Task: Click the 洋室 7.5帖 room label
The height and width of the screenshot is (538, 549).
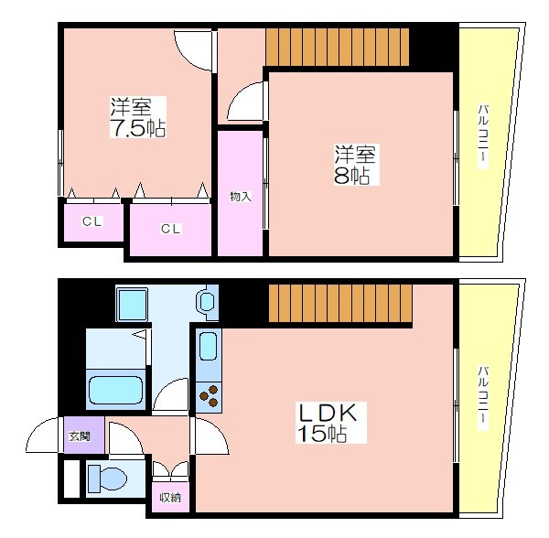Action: [138, 117]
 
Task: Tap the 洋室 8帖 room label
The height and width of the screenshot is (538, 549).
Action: [355, 165]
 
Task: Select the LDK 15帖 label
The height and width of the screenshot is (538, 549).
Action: [327, 423]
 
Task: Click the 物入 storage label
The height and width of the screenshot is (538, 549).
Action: [241, 197]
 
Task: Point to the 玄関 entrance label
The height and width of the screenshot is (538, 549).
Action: [80, 436]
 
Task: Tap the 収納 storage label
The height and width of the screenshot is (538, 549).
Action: [170, 498]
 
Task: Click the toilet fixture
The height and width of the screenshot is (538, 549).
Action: [107, 479]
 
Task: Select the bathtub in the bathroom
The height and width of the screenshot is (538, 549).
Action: [115, 390]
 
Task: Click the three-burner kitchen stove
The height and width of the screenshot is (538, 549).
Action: [209, 397]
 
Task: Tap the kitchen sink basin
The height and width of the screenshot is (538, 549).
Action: [208, 346]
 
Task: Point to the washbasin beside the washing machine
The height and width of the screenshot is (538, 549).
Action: [207, 301]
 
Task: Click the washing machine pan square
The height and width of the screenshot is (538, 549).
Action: [132, 304]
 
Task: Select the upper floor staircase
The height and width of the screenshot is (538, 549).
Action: [337, 48]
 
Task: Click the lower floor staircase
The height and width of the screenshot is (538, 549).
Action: [340, 303]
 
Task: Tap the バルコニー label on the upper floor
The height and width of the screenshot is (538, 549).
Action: [483, 137]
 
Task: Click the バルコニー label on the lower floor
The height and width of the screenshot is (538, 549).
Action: [483, 398]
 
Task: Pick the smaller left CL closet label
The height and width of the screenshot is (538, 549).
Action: [92, 221]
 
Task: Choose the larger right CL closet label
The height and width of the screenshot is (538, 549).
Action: [170, 229]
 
